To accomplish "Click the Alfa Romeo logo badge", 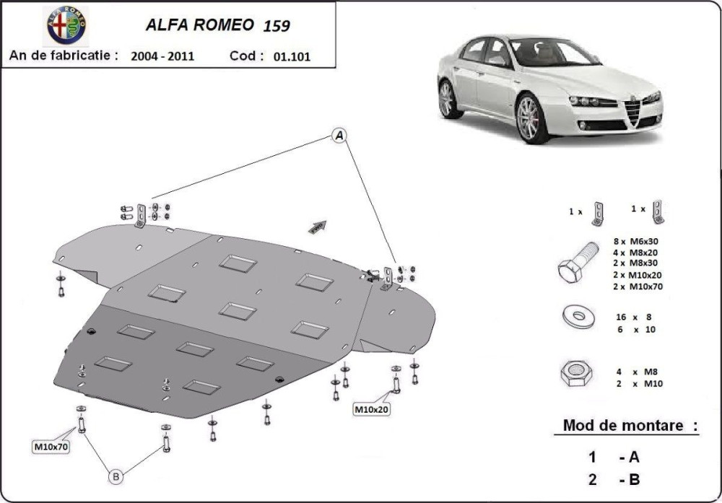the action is click(x=66, y=26).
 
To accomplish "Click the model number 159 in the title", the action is click(x=277, y=26).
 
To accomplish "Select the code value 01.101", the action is click(x=292, y=56).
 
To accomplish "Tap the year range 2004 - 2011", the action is click(x=162, y=56).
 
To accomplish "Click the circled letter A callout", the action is click(x=339, y=136).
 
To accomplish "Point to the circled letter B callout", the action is click(x=116, y=477).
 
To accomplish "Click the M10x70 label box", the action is click(x=51, y=447).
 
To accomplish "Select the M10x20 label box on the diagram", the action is click(x=371, y=409).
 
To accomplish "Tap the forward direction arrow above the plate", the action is click(x=318, y=227).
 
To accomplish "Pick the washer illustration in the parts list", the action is click(x=579, y=317).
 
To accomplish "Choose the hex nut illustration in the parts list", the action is click(x=576, y=373).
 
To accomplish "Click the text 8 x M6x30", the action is click(x=635, y=241).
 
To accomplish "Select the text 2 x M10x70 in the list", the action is click(x=638, y=287).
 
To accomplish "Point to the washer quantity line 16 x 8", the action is click(x=634, y=317).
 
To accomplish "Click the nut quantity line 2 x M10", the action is click(x=640, y=384).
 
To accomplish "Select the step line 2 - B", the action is click(x=614, y=479).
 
